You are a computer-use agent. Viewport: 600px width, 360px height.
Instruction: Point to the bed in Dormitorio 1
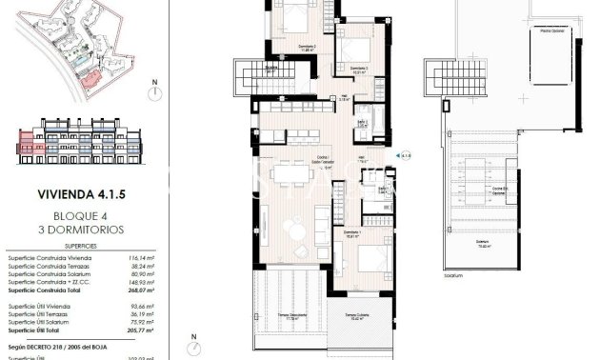[365, 255]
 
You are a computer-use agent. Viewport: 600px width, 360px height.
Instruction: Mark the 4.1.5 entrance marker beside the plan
[405, 153]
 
